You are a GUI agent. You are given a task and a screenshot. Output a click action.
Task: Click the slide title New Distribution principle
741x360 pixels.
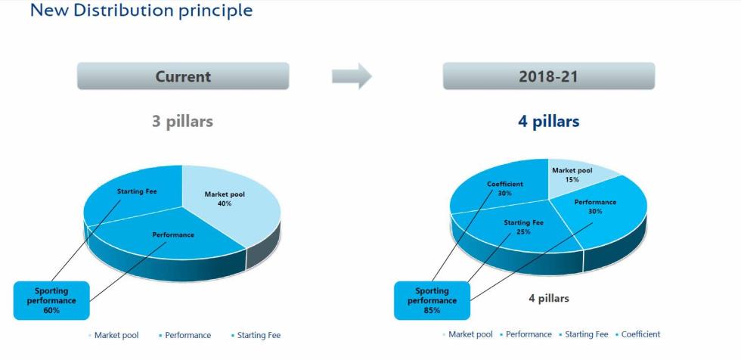141,10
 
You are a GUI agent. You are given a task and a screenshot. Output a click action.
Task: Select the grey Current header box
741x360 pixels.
183,76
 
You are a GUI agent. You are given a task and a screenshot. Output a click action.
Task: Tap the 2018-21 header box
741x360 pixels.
549,76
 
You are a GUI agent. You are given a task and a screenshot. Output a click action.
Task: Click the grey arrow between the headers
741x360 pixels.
352,76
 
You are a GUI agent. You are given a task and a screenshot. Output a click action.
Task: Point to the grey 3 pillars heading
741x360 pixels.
182,122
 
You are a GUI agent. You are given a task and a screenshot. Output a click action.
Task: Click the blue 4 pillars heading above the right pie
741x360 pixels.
549,122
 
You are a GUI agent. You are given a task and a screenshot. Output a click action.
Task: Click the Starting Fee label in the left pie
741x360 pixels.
137,191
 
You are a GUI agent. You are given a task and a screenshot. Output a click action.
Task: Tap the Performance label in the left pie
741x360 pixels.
173,234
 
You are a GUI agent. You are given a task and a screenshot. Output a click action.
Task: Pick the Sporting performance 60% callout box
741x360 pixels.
51,300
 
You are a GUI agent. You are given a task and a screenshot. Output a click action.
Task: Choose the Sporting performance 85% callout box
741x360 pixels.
432,300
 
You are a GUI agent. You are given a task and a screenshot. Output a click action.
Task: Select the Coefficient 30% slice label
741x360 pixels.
505,188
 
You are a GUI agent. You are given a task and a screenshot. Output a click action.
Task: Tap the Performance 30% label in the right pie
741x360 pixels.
596,206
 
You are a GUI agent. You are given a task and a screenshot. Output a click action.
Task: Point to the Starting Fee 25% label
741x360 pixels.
523,227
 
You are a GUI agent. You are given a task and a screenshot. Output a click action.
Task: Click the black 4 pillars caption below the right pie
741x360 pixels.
549,299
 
